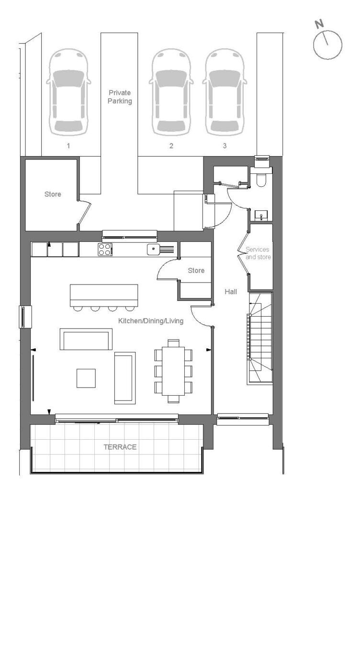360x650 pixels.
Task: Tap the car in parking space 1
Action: click(x=68, y=92)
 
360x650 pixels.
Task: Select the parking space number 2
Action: click(x=171, y=146)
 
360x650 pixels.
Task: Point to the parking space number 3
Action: click(x=225, y=146)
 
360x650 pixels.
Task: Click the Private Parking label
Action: click(x=120, y=97)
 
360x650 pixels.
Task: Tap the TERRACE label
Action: click(x=120, y=447)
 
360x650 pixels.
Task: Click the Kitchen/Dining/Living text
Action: click(x=150, y=321)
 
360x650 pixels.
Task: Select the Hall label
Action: click(x=231, y=292)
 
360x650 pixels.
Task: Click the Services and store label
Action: click(x=258, y=253)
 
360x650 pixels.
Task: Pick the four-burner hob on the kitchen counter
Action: click(x=105, y=249)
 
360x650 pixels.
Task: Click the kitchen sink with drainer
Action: click(x=160, y=250)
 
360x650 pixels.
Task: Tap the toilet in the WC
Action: click(x=261, y=177)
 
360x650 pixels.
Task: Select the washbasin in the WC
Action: click(x=262, y=216)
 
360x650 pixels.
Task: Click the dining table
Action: click(x=173, y=371)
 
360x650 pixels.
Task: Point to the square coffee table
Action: click(x=86, y=378)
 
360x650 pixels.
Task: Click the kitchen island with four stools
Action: click(x=104, y=297)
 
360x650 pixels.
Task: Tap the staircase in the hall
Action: click(x=259, y=339)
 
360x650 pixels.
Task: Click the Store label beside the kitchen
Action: click(x=196, y=271)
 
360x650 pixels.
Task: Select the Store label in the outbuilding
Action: click(x=53, y=194)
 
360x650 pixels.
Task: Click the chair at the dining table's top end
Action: click(x=173, y=343)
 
